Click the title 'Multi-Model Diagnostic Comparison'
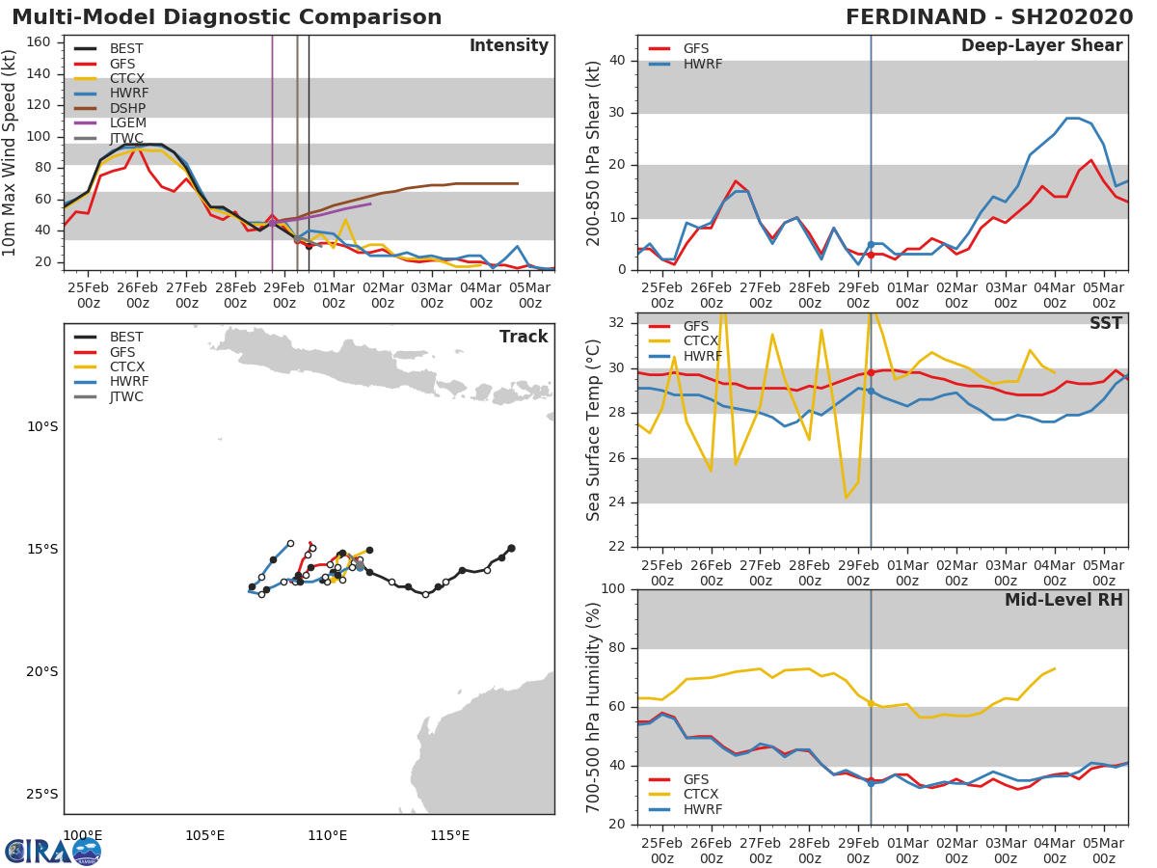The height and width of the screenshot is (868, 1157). pyautogui.click(x=227, y=17)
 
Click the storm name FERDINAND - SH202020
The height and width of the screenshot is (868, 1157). pyautogui.click(x=988, y=17)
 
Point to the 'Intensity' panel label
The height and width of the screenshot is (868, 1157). pyautogui.click(x=508, y=46)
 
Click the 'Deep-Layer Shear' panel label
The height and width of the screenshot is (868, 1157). pyautogui.click(x=1041, y=46)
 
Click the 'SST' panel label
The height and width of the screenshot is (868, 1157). pyautogui.click(x=1105, y=324)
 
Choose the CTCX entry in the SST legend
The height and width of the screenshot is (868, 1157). pyautogui.click(x=702, y=341)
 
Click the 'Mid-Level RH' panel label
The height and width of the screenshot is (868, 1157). pyautogui.click(x=1063, y=601)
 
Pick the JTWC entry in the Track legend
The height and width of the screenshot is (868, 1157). pyautogui.click(x=125, y=397)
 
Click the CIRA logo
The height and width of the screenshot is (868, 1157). pyautogui.click(x=53, y=851)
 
